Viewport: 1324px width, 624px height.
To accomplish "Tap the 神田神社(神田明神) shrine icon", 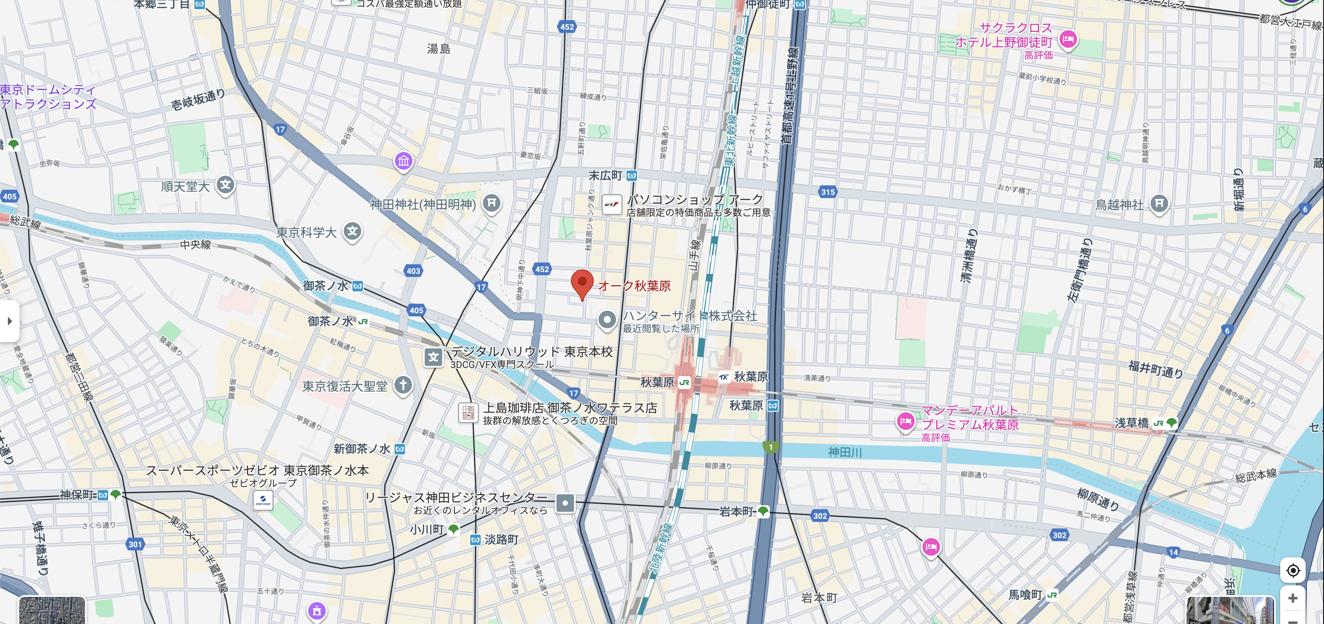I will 491,203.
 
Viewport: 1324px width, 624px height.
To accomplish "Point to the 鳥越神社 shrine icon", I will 1158,204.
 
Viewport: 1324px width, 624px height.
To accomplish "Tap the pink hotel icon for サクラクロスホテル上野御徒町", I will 1068,39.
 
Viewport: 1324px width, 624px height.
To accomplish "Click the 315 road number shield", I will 827,192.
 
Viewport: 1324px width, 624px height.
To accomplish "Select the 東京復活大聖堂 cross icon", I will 403,385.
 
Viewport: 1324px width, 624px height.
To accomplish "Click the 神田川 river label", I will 845,452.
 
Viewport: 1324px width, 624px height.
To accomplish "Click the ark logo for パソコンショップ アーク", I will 612,204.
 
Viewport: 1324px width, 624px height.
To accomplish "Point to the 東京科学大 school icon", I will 352,231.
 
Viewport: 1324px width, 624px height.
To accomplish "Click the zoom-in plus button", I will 1292,598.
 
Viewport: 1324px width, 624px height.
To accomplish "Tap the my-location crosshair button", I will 1292,570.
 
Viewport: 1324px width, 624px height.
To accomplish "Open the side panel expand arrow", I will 9,322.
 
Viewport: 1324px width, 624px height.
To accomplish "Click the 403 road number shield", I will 413,270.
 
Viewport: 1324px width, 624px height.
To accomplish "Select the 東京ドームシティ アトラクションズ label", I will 48,97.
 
